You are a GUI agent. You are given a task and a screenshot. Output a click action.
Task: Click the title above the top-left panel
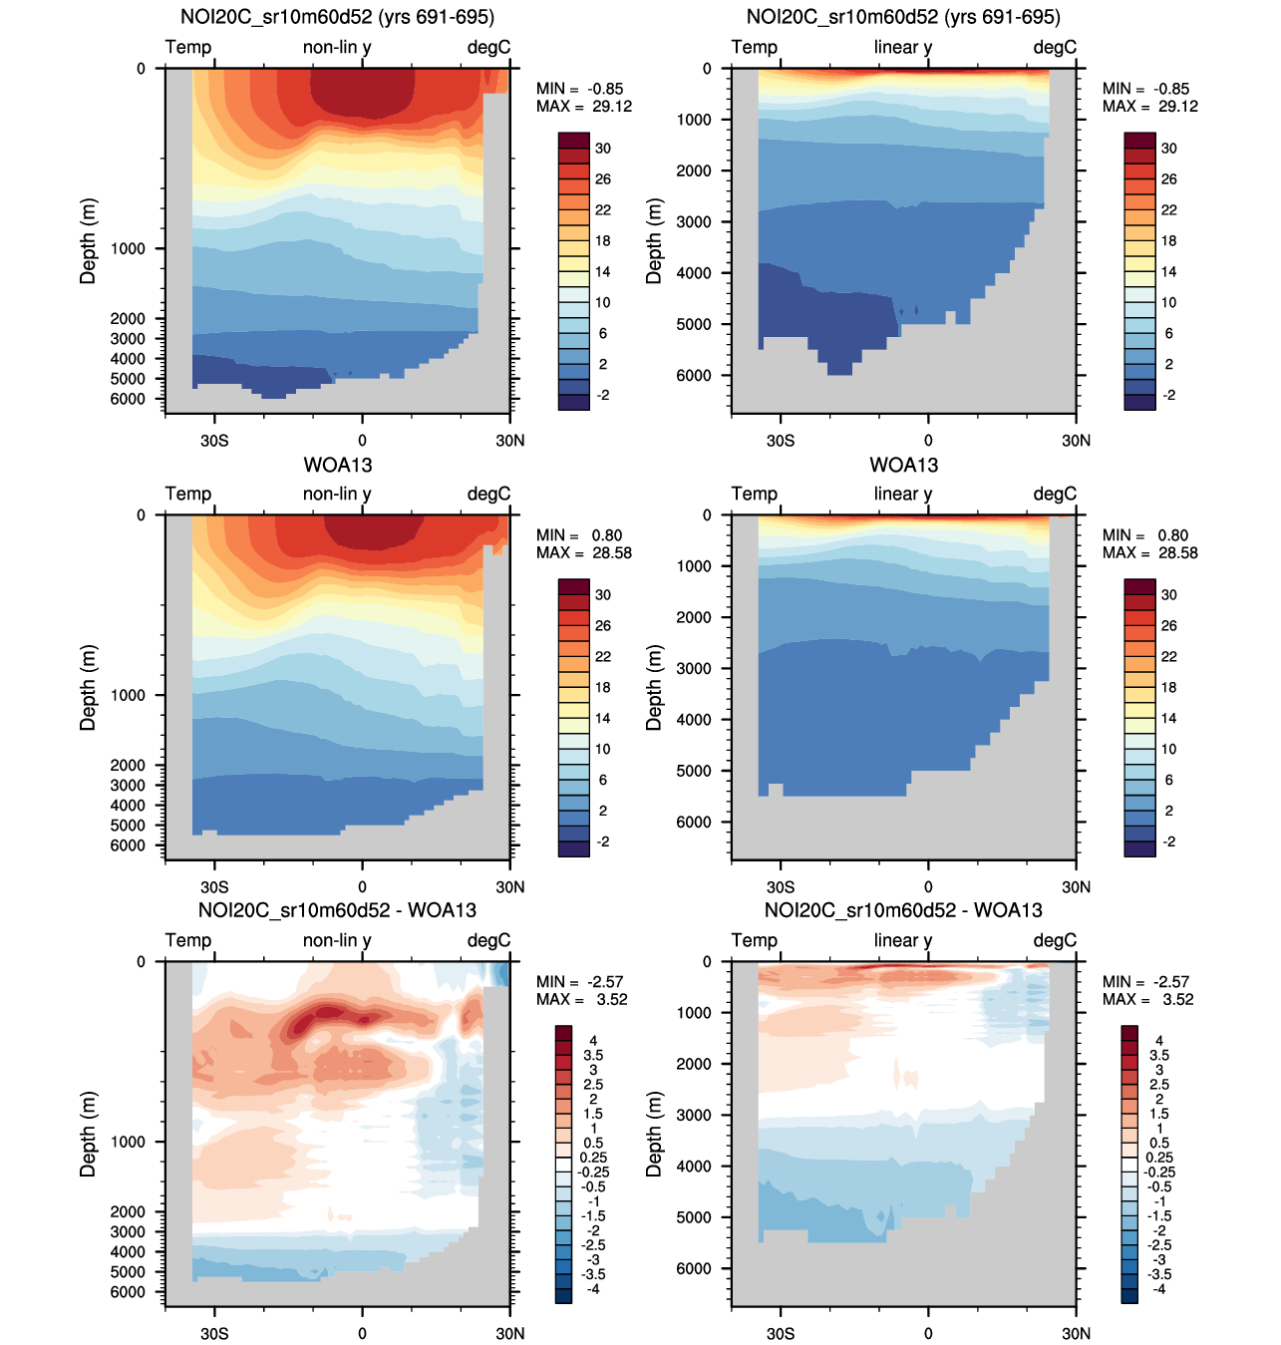(337, 17)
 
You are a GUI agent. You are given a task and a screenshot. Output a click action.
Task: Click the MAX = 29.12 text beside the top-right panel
(1149, 107)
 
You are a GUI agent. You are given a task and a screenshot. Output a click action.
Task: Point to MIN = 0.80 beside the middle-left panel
(579, 535)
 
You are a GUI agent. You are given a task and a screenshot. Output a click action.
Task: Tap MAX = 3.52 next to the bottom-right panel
(1149, 999)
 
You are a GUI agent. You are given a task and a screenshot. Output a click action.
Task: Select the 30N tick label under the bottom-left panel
(509, 1333)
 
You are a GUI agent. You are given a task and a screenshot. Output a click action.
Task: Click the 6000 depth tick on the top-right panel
(694, 376)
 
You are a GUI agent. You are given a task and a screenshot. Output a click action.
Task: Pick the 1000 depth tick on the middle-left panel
(128, 695)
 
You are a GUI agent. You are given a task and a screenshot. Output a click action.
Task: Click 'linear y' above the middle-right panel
(902, 494)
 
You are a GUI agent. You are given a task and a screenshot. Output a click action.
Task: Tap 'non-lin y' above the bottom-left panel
(337, 940)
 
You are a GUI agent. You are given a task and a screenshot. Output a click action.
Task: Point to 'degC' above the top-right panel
(1055, 47)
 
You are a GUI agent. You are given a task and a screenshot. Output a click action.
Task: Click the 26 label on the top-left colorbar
(603, 179)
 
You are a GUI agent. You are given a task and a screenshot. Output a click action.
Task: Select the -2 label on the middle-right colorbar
(1168, 841)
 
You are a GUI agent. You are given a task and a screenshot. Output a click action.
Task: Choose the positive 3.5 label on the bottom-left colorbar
(593, 1055)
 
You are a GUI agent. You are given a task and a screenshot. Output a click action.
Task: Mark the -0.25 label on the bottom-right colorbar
(1159, 1172)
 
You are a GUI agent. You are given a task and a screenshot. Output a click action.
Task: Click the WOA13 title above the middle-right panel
(903, 465)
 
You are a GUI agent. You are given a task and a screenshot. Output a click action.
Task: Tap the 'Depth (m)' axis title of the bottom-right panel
(654, 1134)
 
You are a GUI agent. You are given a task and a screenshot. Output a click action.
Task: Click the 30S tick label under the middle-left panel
(214, 886)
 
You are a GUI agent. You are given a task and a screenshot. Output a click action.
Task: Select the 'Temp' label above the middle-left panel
(188, 494)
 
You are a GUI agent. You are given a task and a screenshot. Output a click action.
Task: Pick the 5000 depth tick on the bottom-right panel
(694, 1217)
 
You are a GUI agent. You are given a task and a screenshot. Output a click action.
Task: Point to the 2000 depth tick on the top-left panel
(128, 319)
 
